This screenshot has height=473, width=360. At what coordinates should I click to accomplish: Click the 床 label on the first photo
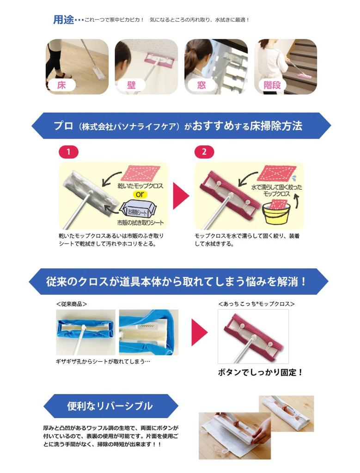click(61, 85)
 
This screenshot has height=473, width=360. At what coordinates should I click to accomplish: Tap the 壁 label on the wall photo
click(131, 85)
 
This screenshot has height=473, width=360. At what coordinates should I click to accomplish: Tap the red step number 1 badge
click(69, 152)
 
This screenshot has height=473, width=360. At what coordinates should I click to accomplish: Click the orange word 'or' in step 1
click(140, 194)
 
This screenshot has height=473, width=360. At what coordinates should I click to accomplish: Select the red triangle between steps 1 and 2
click(181, 196)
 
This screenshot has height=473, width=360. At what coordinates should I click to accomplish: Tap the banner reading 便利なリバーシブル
click(110, 406)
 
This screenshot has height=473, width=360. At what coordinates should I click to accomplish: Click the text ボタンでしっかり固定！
click(260, 372)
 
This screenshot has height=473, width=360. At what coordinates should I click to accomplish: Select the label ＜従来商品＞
click(72, 304)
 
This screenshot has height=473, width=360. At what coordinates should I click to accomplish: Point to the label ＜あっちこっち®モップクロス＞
click(256, 304)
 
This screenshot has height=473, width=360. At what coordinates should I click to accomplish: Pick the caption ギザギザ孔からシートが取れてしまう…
click(103, 361)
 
